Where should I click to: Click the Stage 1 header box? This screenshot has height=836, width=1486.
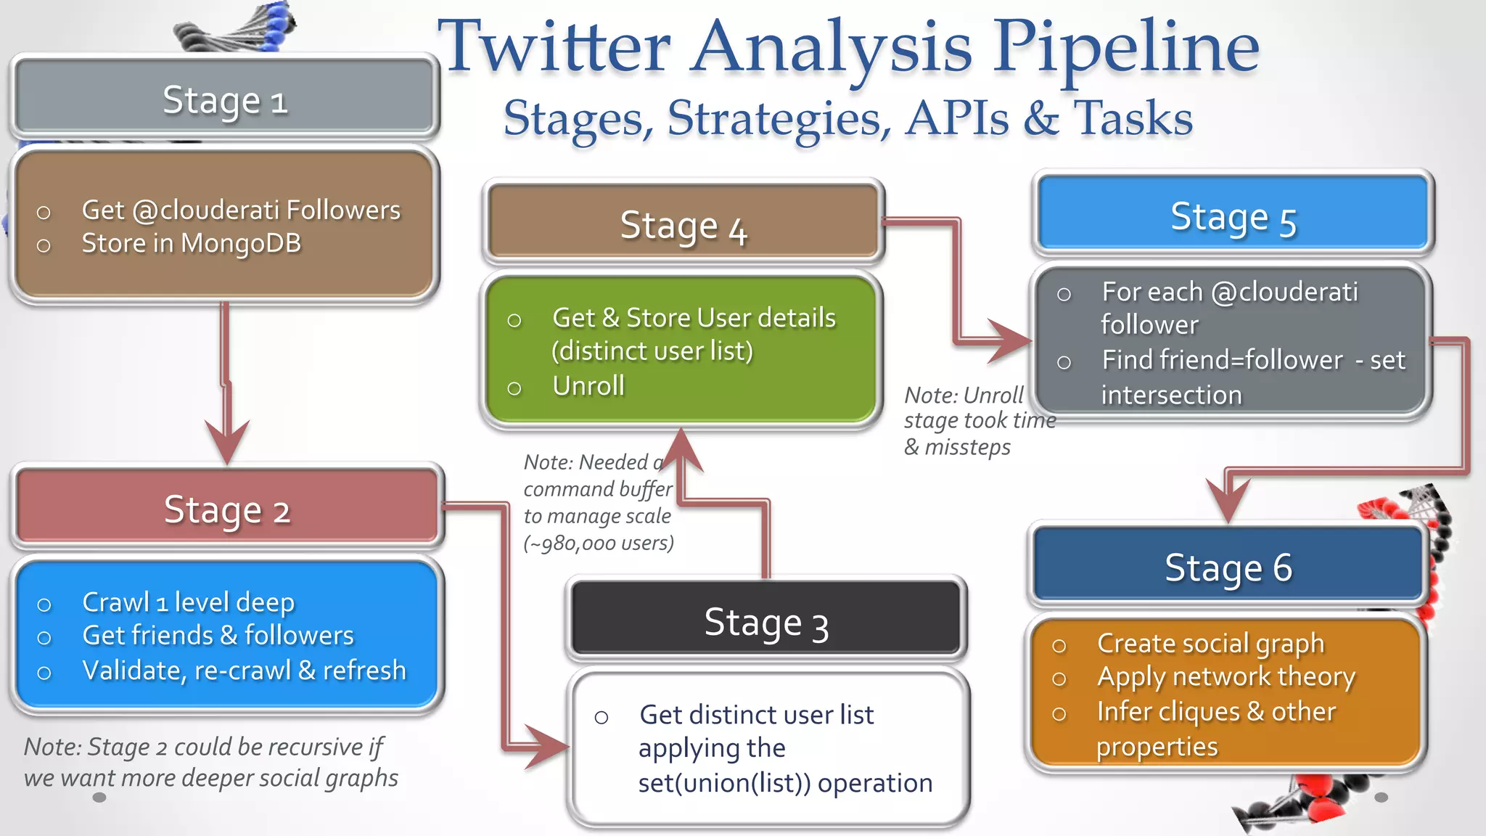pyautogui.click(x=224, y=99)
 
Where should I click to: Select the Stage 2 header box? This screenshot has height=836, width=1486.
pyautogui.click(x=227, y=509)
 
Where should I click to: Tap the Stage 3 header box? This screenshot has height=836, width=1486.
pyautogui.click(x=766, y=622)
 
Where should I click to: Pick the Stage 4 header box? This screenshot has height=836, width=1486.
pyautogui.click(x=683, y=225)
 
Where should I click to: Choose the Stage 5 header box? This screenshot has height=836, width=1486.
pyautogui.click(x=1233, y=216)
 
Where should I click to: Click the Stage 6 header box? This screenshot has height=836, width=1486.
pyautogui.click(x=1228, y=567)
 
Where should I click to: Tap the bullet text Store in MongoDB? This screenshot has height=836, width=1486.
pyautogui.click(x=191, y=243)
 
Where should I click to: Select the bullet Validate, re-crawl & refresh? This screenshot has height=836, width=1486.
pyautogui.click(x=244, y=670)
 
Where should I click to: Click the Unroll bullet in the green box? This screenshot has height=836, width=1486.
pyautogui.click(x=588, y=386)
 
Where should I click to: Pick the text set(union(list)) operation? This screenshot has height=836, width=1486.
pyautogui.click(x=785, y=783)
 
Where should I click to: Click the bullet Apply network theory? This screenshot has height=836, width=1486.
pyautogui.click(x=1226, y=676)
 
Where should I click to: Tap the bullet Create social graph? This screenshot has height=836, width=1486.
pyautogui.click(x=1210, y=643)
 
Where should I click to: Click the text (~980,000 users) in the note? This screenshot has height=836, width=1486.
pyautogui.click(x=599, y=543)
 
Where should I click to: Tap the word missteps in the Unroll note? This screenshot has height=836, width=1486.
pyautogui.click(x=967, y=447)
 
